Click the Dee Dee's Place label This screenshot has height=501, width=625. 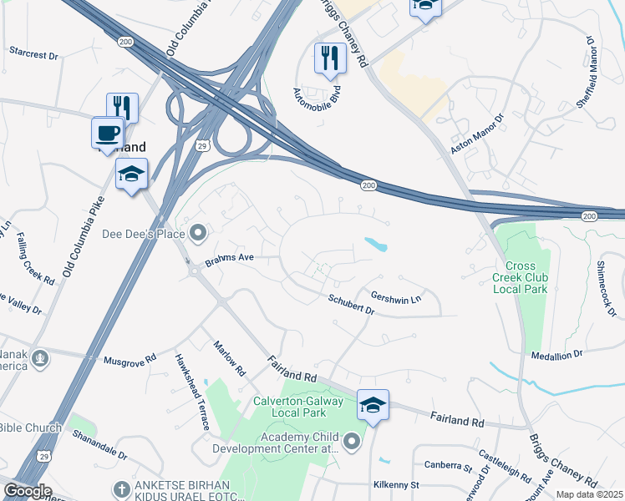[x=143, y=234]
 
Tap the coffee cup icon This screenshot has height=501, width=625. [x=107, y=133]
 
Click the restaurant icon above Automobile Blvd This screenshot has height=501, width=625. [x=330, y=58]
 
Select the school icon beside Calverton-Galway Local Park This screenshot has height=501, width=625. [x=373, y=405]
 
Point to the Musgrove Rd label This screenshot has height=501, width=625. [x=130, y=360]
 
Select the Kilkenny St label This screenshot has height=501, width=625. [x=396, y=484]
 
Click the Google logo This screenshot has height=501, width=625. [x=28, y=490]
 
